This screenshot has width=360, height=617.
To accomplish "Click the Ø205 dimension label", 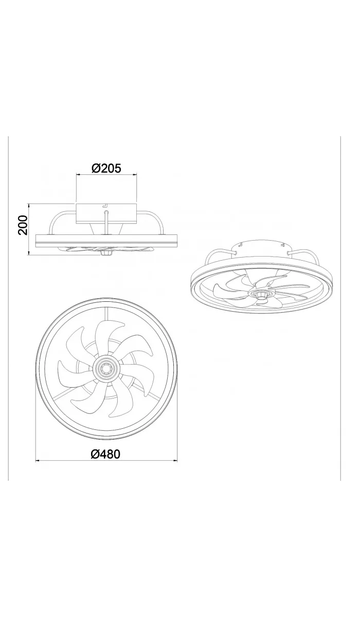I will pos(106,168).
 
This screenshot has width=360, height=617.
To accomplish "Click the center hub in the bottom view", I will pos(106,369).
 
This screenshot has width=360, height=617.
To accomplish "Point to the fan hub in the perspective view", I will pos(261,294).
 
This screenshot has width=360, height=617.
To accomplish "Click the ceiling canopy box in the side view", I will pos(106,214).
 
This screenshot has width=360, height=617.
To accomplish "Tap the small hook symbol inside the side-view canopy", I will pos(105,207).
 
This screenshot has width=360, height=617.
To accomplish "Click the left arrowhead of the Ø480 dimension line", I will pos(38,461).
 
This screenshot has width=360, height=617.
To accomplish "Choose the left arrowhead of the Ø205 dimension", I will pos(78,175).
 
